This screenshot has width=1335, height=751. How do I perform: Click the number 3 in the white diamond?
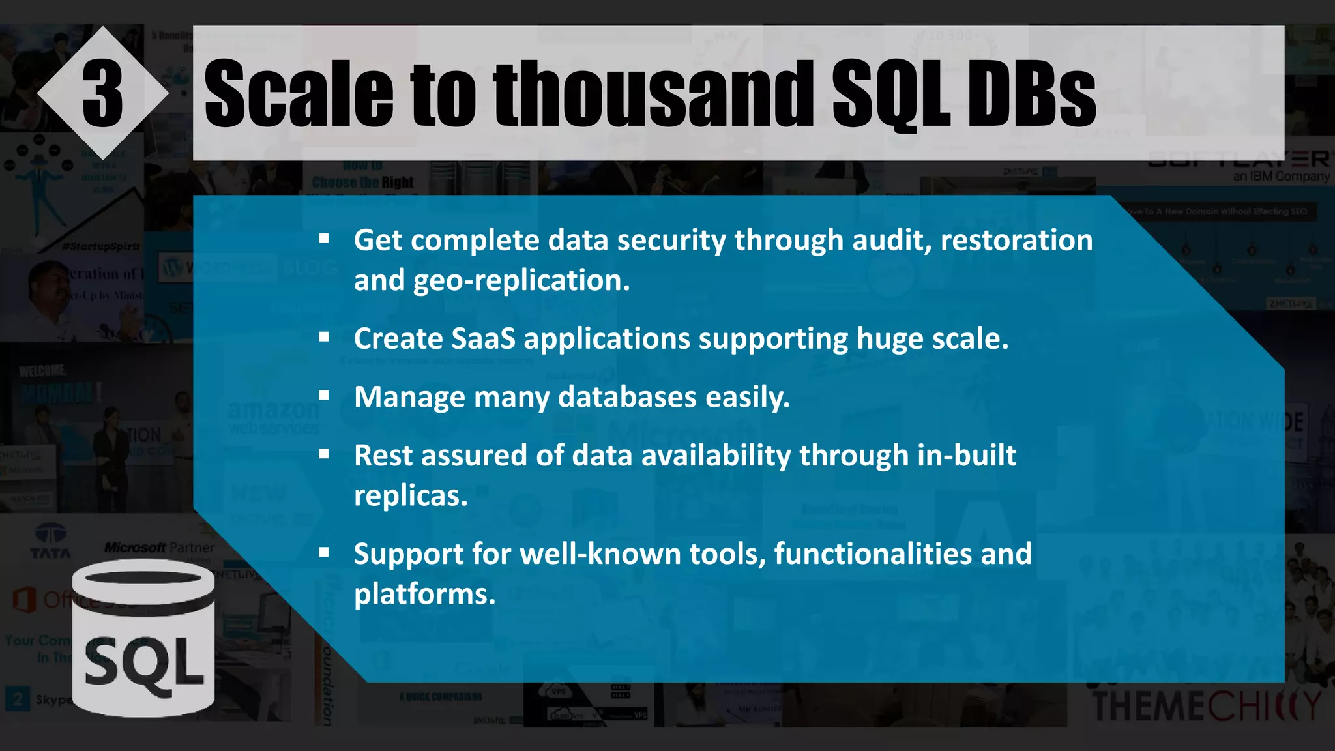click(x=102, y=94)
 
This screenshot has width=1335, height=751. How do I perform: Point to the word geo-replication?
click(x=521, y=280)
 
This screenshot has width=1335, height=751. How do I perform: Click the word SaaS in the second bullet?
click(x=482, y=338)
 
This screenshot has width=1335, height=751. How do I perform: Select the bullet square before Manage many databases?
click(x=324, y=396)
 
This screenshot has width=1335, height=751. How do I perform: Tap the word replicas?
click(x=411, y=495)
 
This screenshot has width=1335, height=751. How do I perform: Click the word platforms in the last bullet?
click(x=424, y=594)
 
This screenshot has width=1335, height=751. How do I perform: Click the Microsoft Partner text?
click(x=159, y=547)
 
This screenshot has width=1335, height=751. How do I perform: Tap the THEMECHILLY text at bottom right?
click(x=1206, y=706)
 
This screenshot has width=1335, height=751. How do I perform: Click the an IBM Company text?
click(x=1280, y=176)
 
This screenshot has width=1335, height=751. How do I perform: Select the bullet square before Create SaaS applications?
click(x=324, y=338)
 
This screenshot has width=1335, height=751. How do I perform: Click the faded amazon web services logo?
click(x=273, y=417)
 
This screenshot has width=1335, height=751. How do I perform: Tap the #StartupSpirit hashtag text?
click(x=101, y=246)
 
